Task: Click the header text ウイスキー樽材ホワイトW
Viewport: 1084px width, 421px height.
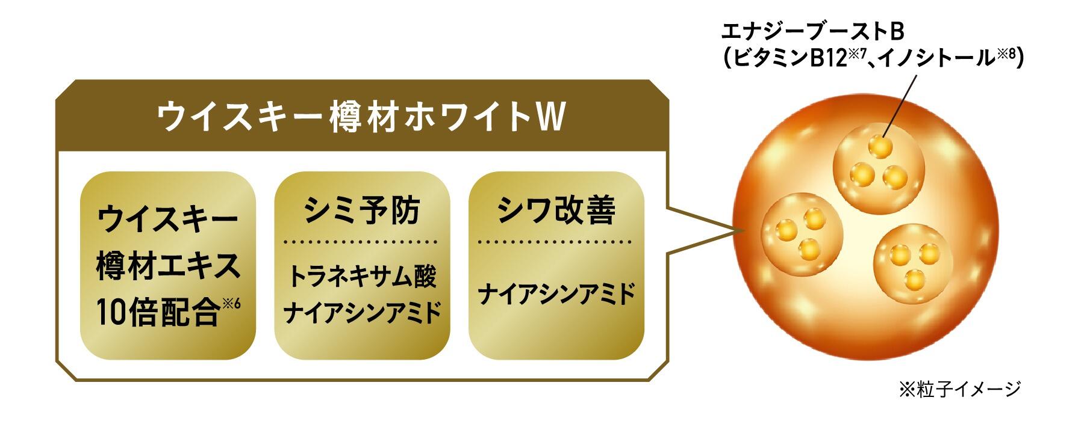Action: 361,117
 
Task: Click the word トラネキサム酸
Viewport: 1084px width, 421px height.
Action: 362,277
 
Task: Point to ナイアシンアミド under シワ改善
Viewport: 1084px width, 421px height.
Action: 556,295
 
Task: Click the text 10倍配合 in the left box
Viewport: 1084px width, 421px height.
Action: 158,314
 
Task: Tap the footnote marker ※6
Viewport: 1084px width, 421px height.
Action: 232,304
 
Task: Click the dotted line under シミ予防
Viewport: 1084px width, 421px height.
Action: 362,242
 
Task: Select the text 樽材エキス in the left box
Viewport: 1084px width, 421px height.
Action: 167,268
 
